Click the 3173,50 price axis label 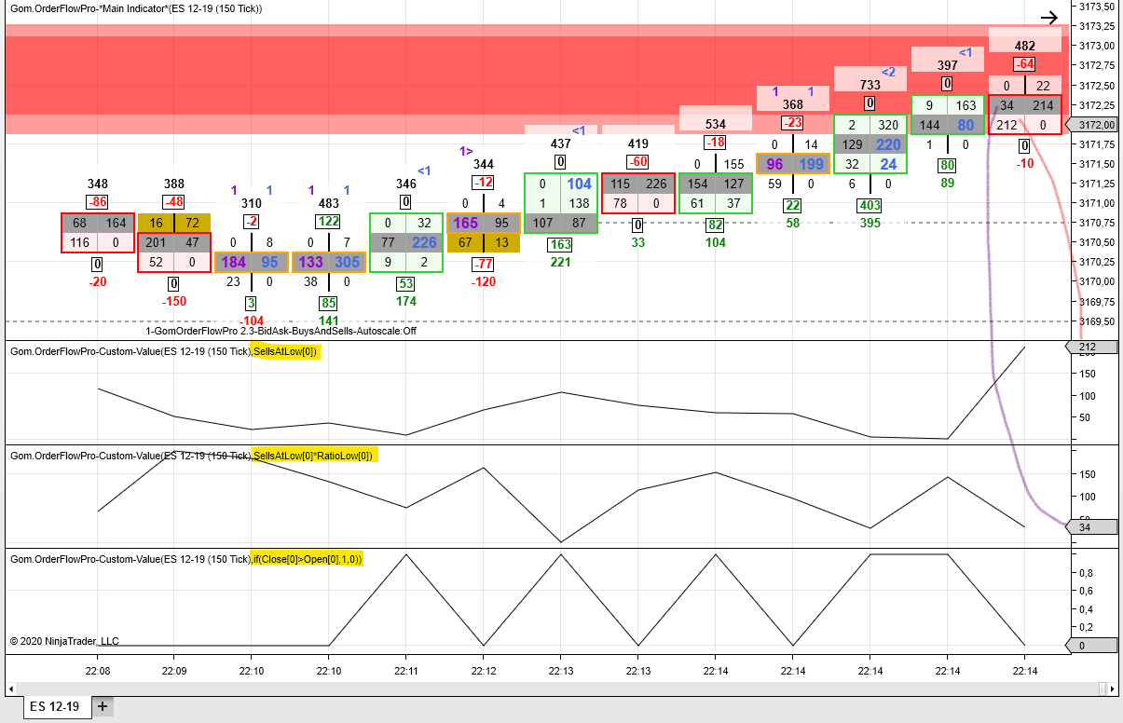coord(1096,7)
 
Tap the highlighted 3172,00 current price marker coord(1092,125)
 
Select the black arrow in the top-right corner coord(1048,18)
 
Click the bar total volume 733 coord(870,85)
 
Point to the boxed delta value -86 coord(97,202)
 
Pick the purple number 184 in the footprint coord(233,262)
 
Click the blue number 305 coord(347,262)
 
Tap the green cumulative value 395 coord(870,223)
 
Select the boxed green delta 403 coord(870,205)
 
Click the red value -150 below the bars coord(174,301)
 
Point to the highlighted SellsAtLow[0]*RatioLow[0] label coord(313,456)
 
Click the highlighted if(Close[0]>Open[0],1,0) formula coord(307,559)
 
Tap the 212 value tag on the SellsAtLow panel coord(1091,347)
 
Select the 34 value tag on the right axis coord(1091,527)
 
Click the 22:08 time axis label coord(97,671)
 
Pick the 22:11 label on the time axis coord(406,671)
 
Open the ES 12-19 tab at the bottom coord(55,706)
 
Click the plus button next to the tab coord(103,706)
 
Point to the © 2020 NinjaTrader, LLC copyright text coord(64,641)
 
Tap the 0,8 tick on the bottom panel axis coord(1086,573)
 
